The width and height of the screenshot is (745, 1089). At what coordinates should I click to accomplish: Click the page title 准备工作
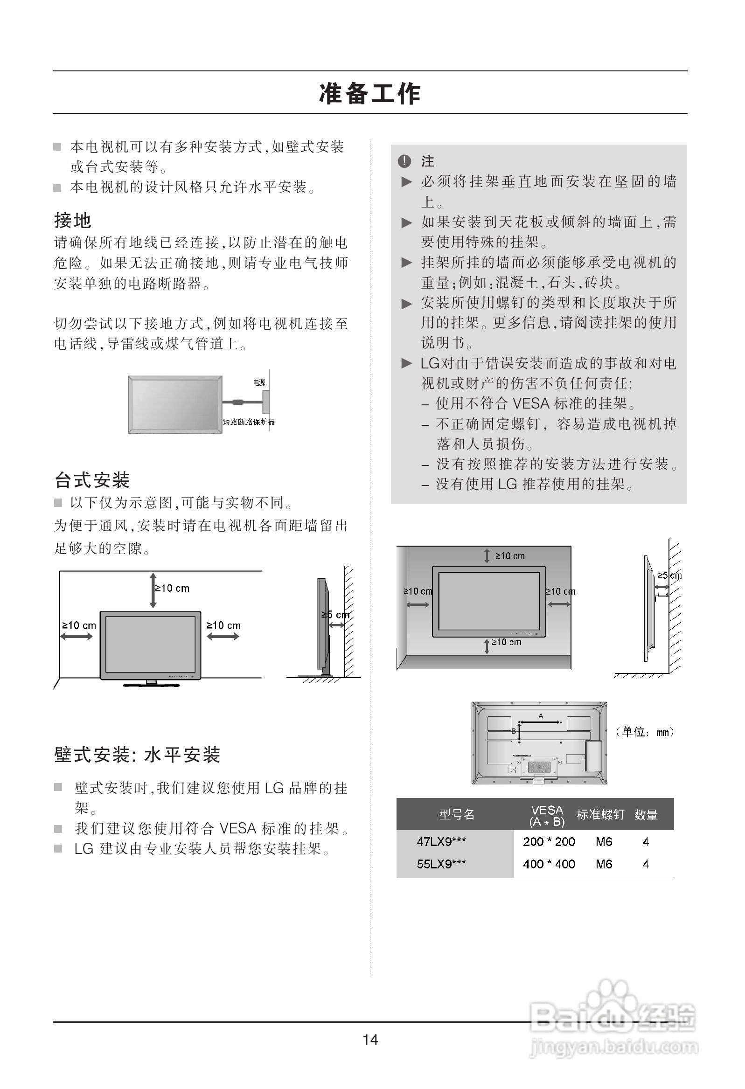tap(370, 93)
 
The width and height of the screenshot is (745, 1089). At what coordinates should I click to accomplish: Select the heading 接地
tap(73, 220)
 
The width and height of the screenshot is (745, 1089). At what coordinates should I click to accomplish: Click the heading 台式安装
tap(92, 480)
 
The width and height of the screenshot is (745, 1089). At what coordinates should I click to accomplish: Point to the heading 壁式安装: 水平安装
tap(137, 755)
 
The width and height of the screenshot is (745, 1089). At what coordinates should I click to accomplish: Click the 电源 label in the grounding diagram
tap(259, 382)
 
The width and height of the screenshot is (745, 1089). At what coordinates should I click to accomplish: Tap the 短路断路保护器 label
tap(249, 422)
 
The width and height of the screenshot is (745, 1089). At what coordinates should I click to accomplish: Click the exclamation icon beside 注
tap(404, 161)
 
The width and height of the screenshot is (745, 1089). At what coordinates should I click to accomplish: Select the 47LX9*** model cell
tap(441, 842)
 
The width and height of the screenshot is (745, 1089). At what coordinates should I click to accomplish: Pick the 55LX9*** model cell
tap(441, 864)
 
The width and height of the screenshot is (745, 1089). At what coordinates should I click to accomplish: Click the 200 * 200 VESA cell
tap(549, 842)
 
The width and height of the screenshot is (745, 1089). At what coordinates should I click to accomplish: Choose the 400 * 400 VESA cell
tap(549, 864)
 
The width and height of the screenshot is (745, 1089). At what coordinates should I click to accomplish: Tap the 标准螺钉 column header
tap(600, 814)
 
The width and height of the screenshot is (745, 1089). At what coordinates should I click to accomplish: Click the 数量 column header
tap(646, 814)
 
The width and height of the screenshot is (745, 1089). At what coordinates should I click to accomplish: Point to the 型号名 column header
tap(457, 814)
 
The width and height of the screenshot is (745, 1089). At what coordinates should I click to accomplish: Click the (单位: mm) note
tap(645, 732)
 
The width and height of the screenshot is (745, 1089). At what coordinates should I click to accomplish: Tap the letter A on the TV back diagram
tap(541, 716)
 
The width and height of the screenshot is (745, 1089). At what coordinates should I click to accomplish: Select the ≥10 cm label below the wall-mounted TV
tap(506, 642)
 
